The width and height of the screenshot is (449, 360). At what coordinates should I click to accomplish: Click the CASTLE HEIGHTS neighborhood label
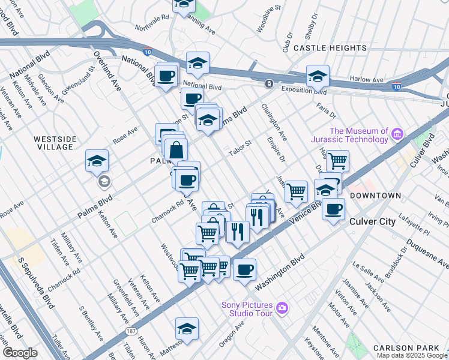tap(330, 48)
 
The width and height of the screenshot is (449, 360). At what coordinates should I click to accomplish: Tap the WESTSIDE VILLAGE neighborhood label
tap(55, 143)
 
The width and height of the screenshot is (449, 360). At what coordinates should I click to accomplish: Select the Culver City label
tap(372, 221)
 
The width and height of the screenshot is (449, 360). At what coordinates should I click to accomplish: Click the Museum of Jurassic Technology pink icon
tap(397, 135)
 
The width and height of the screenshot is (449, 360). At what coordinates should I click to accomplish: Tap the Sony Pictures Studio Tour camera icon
tap(282, 308)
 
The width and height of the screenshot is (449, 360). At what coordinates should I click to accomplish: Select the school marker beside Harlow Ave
tap(318, 76)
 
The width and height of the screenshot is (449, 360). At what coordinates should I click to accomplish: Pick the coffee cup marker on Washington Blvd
tap(244, 269)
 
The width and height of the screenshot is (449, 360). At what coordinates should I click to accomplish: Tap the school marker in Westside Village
tap(97, 161)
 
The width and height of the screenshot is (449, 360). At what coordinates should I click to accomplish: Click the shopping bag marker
tap(176, 149)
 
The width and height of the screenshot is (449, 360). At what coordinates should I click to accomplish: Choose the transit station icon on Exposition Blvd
tap(270, 83)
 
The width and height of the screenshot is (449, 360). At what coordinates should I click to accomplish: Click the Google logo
tap(20, 353)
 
